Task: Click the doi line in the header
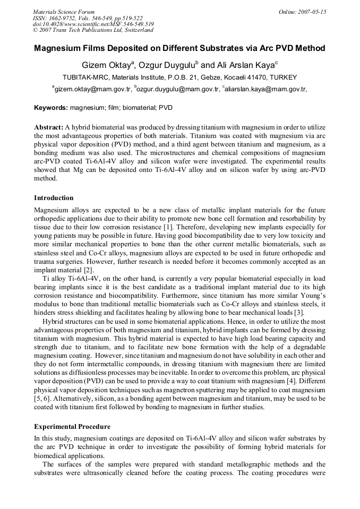pyautogui.click(x=93, y=24)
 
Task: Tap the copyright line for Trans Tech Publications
pyautogui.click(x=93, y=30)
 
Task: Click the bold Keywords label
pyautogui.click(x=51, y=108)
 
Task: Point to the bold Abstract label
pyautogui.click(x=49, y=127)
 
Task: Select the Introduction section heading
pyautogui.click(x=54, y=198)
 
